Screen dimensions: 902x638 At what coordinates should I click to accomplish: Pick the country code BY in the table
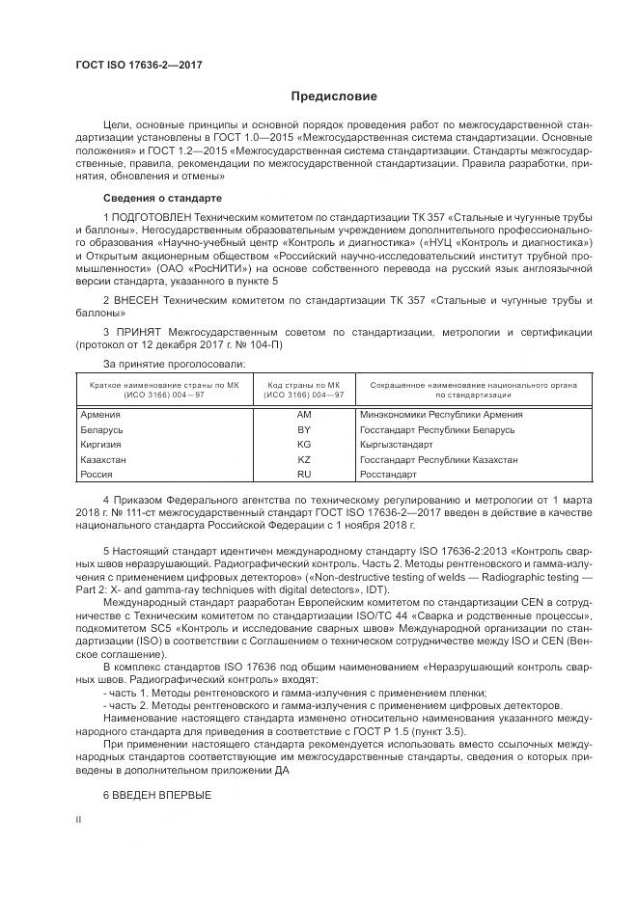tap(304, 429)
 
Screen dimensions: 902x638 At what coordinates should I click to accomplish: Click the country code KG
tap(304, 445)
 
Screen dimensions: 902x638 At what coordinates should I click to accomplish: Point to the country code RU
tap(304, 476)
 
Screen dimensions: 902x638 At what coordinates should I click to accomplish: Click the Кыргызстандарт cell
tap(396, 445)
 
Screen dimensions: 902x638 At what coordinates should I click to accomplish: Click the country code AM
tap(304, 414)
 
